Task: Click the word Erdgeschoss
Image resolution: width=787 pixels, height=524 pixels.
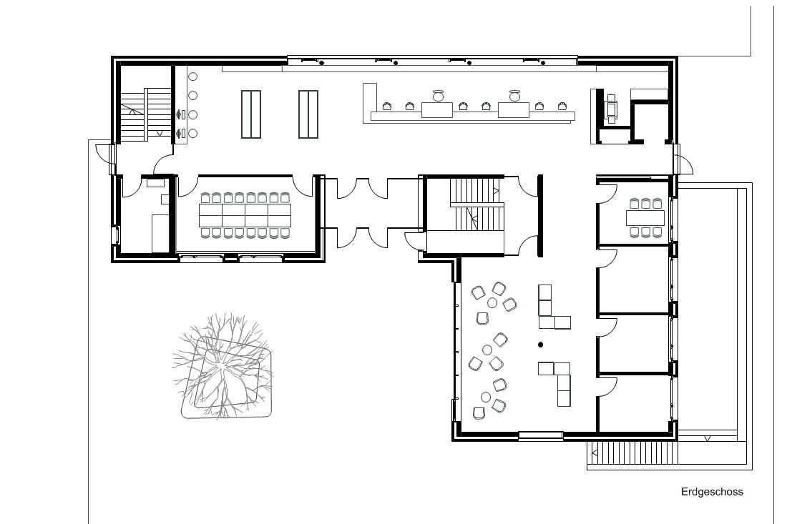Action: click(712, 492)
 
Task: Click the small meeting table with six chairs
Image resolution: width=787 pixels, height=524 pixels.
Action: click(645, 218)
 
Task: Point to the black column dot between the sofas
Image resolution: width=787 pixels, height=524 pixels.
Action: click(541, 345)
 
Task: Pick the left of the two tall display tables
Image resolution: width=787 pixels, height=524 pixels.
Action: click(251, 114)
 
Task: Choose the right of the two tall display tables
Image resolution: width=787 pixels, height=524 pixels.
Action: click(308, 114)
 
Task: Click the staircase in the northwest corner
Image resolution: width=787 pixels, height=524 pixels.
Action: click(146, 114)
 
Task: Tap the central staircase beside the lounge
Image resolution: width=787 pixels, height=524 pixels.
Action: click(475, 204)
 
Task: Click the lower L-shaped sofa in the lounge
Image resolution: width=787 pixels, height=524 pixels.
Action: click(558, 382)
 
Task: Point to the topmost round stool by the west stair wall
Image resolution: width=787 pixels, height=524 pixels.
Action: click(192, 76)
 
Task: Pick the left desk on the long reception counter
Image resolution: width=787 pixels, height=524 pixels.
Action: click(437, 110)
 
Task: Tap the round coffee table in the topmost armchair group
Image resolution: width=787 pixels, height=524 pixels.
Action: click(492, 302)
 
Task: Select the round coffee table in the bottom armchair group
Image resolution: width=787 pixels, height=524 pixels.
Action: click(485, 397)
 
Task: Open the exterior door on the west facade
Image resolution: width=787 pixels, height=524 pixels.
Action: click(102, 152)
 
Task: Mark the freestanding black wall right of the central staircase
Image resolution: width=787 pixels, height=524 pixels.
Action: click(540, 216)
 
